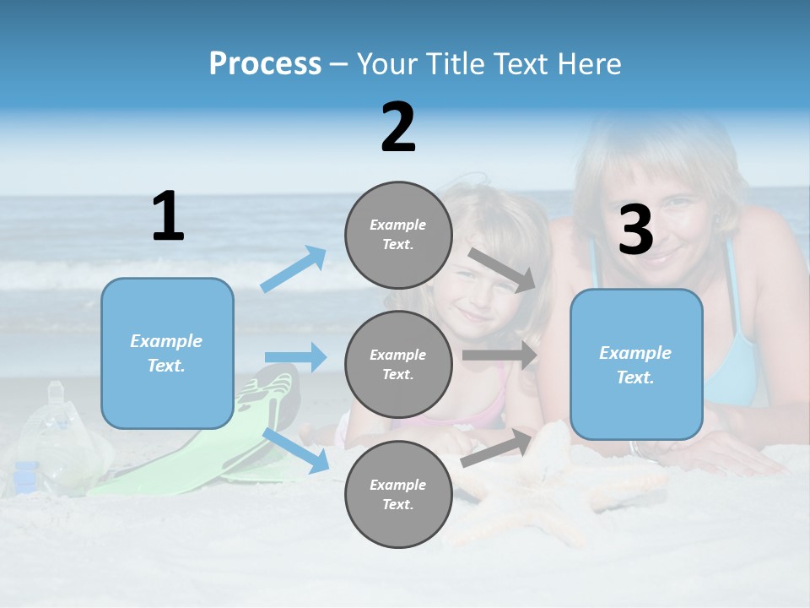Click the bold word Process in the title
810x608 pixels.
265,64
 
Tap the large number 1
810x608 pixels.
168,216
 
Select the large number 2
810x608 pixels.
398,127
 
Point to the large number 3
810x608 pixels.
635,230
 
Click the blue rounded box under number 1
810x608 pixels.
167,353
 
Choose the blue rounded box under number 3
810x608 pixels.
636,364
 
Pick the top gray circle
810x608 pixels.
398,235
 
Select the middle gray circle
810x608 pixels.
398,364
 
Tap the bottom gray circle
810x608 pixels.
398,494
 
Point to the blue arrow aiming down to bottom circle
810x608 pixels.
295,450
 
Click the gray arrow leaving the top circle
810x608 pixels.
502,269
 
